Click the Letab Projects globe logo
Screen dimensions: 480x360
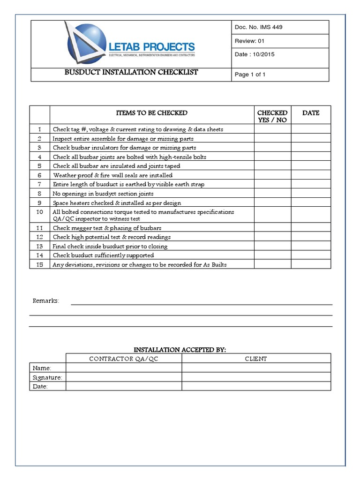[x=86, y=45]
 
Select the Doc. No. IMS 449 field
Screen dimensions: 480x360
[x=258, y=27]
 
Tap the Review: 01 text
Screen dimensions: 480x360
[x=250, y=41]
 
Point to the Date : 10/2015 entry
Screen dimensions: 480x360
[x=255, y=54]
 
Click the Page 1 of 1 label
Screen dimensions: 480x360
[x=250, y=75]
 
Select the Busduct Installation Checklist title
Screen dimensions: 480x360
[x=131, y=73]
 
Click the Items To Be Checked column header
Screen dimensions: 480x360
[x=151, y=113]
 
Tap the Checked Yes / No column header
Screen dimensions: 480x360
[x=272, y=116]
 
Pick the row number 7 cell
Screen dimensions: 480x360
[x=40, y=184]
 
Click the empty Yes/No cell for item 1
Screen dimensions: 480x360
[x=272, y=129]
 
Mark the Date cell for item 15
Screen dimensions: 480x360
[x=311, y=264]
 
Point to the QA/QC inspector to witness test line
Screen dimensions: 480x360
[x=97, y=219]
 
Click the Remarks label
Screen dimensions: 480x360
[x=45, y=300]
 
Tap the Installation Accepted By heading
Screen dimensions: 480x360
[x=180, y=350]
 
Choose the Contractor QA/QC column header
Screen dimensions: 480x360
[x=124, y=359]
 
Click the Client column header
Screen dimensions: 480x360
[x=256, y=359]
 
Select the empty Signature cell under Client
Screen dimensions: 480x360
[x=256, y=377]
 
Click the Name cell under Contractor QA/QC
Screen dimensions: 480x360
[x=124, y=368]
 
